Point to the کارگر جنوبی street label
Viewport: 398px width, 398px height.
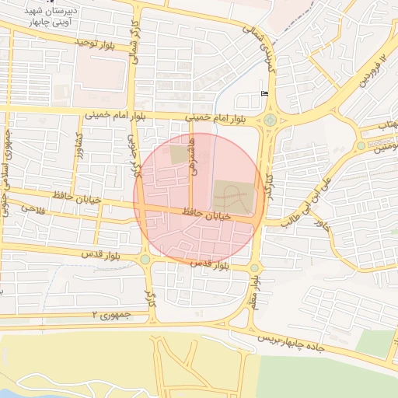[132, 147]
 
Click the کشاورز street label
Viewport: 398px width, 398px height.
[79, 147]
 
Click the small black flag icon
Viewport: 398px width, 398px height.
[264, 93]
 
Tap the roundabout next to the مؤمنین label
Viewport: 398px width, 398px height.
[361, 145]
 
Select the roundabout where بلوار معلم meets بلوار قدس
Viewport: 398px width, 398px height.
[254, 268]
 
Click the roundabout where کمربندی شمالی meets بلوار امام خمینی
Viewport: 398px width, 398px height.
[270, 120]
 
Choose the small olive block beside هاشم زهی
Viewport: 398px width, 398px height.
[180, 155]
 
